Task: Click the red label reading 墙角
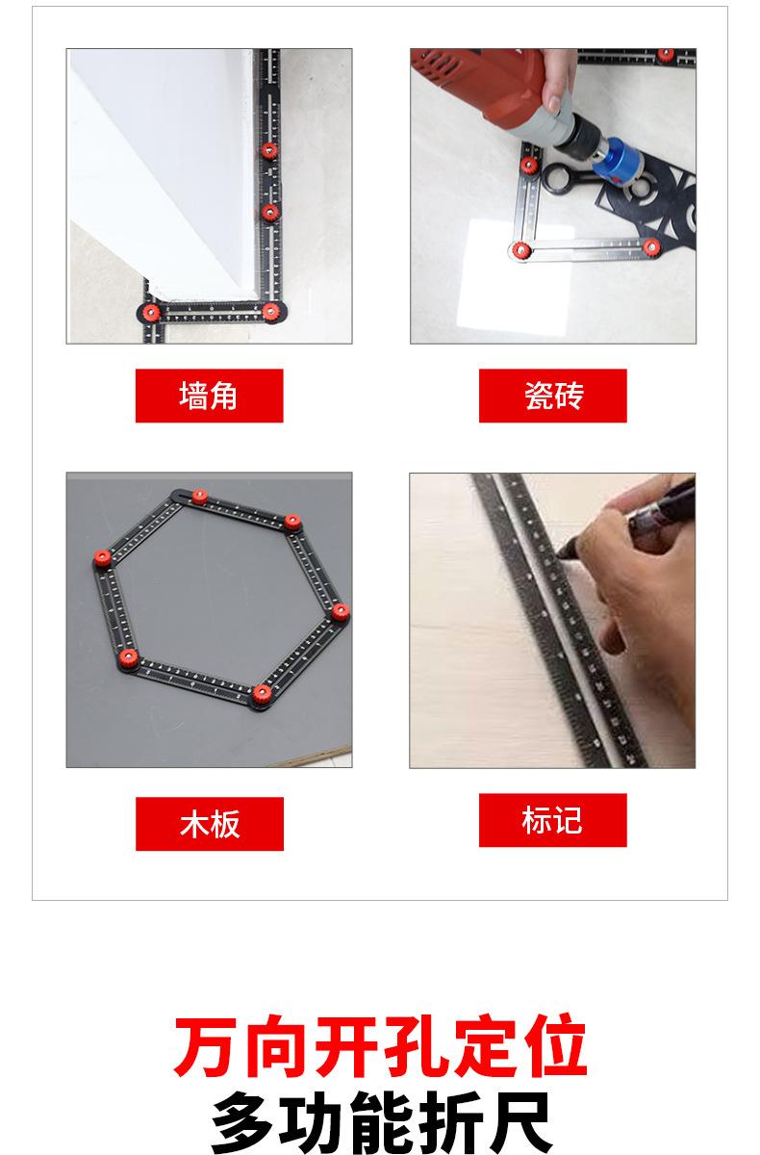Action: point(209,396)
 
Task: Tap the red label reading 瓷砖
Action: point(553,396)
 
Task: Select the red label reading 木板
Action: point(210,824)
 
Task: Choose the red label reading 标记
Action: point(553,820)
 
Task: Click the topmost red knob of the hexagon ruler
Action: point(199,497)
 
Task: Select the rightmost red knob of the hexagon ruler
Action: point(340,612)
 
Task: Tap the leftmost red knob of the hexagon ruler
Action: point(102,557)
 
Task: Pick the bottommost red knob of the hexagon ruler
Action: point(262,695)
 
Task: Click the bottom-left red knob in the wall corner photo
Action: point(151,312)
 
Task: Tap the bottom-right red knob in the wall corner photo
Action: point(270,311)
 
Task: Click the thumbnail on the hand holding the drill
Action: point(554,104)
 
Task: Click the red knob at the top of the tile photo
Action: point(665,55)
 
